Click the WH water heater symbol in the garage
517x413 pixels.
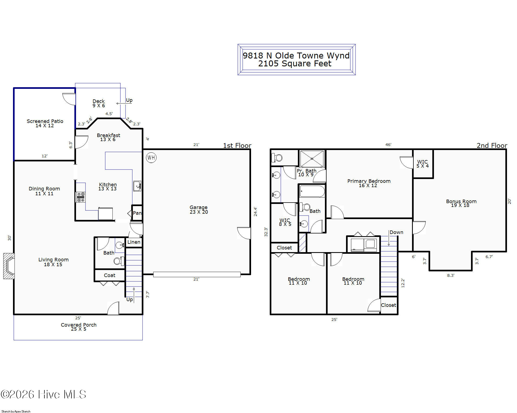point(151,158)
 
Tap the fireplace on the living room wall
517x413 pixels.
point(9,266)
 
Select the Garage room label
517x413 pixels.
point(199,210)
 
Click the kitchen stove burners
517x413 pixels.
point(81,197)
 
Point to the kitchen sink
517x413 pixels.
point(137,186)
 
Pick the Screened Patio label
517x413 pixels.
point(45,123)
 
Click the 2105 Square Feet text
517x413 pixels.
point(295,64)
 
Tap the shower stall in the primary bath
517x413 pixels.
point(312,159)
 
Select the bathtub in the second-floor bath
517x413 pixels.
point(312,191)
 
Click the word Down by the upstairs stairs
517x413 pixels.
point(396,232)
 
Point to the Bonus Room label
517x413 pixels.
point(461,203)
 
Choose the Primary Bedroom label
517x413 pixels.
point(369,183)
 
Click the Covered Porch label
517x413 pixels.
point(78,327)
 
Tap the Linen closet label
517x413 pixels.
point(134,242)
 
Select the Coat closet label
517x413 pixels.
point(110,275)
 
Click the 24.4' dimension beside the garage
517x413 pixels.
point(255,212)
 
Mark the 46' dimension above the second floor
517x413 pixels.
point(388,145)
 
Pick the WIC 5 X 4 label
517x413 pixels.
point(422,164)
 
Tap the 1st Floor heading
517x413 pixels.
point(237,145)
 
